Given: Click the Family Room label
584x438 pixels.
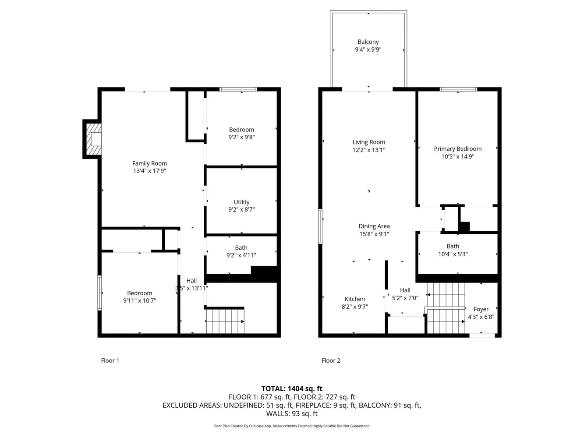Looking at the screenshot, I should pos(149,163).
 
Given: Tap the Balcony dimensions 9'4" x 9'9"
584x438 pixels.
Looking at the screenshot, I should pos(368,49).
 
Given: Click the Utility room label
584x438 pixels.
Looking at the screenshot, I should pos(241,202).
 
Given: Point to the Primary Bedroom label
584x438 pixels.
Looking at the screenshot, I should pos(457,149).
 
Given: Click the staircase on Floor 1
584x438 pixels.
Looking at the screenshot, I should pos(225,321).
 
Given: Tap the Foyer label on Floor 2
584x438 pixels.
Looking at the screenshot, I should pos(481,309).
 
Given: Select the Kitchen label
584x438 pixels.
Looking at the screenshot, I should pos(354,299).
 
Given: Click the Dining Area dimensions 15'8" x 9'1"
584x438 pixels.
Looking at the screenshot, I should pos(374,234).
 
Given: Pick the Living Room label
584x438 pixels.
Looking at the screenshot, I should pos(368,142).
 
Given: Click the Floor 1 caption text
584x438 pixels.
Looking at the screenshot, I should pos(110,360).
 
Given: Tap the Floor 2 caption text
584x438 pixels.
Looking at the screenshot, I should pos(331,360).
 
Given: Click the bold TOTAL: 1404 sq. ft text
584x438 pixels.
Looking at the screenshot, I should pos(292,389).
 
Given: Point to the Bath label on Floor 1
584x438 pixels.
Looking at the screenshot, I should pos(241,247).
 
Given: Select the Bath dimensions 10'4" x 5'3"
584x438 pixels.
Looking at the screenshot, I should pos(453,254).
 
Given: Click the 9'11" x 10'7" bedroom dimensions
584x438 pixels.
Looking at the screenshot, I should pos(139,300).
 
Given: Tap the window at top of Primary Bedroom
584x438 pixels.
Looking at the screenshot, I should pos(458,89).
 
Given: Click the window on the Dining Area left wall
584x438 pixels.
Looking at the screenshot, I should pos(320,226).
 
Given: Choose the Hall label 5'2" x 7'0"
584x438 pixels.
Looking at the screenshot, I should pos(405,290).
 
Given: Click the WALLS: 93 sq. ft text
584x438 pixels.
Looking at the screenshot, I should pos(292,413).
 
